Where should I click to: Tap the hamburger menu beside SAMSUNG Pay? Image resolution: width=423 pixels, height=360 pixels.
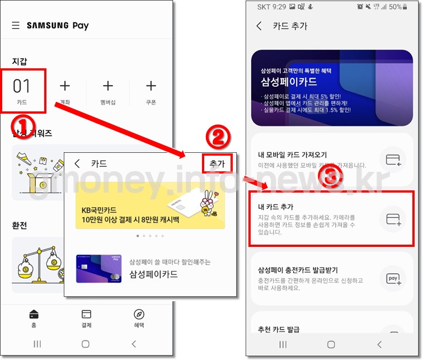pos(16,26)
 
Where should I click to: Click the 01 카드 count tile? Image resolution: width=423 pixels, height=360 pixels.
pos(22,90)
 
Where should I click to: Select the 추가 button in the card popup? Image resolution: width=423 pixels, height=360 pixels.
pos(217,163)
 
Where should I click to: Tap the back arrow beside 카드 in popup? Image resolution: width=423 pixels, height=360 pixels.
pos(77,163)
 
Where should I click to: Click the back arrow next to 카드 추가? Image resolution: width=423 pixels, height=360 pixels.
pos(259,26)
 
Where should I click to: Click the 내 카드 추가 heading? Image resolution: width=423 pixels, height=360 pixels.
pos(275,207)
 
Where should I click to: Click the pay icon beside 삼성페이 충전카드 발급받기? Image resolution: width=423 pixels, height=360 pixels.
pos(393,278)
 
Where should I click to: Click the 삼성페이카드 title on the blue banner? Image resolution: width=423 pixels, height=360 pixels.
pos(289,82)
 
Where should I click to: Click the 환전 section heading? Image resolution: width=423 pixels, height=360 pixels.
pos(20,226)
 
